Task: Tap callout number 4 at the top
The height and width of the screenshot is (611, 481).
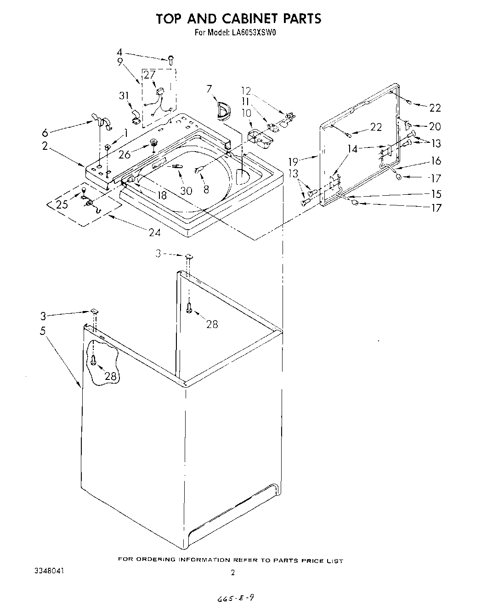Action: pos(119,52)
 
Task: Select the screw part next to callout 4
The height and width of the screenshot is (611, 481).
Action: pos(170,59)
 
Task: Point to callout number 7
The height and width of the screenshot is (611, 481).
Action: pos(209,89)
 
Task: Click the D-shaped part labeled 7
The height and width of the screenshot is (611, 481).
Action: pos(223,111)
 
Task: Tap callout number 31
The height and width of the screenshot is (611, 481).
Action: pos(123,96)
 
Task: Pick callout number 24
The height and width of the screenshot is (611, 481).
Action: pos(155,232)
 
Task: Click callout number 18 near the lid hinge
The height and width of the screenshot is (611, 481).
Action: pos(161,195)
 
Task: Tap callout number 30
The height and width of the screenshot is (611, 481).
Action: pos(186,190)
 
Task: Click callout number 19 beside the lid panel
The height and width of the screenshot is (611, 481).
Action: pos(293,161)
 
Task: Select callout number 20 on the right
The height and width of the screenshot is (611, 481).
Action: pos(435,126)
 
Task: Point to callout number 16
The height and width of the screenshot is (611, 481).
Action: pos(436,160)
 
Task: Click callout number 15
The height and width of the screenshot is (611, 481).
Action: pos(436,194)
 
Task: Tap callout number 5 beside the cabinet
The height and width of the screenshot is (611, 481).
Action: pos(43,331)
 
